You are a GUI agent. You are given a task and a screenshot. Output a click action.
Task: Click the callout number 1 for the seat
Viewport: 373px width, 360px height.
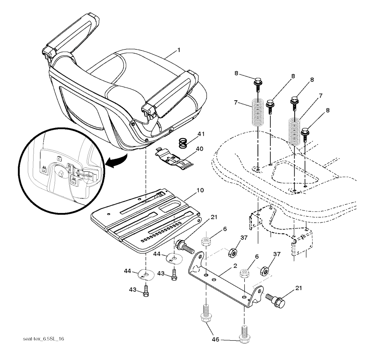click(178, 50)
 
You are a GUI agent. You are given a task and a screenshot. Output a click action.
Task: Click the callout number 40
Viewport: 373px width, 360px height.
click(199, 149)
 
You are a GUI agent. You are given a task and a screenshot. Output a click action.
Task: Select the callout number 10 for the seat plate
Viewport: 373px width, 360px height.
click(200, 191)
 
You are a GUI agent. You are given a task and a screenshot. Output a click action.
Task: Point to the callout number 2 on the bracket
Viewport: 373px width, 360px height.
click(235, 266)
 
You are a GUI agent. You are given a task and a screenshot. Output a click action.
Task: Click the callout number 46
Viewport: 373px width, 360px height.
click(216, 340)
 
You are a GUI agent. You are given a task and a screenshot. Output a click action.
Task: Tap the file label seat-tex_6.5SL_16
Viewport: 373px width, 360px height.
click(43, 339)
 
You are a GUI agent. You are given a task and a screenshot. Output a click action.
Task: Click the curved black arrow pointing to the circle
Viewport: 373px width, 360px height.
click(117, 161)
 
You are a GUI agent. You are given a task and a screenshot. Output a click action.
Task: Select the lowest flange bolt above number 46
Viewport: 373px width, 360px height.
click(243, 334)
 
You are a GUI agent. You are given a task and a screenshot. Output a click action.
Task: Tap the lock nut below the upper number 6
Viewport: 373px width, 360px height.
click(206, 241)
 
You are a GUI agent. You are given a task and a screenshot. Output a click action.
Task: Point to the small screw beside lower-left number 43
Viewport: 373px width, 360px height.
click(146, 291)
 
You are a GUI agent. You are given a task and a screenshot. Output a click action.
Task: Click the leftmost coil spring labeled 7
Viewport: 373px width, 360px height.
click(258, 112)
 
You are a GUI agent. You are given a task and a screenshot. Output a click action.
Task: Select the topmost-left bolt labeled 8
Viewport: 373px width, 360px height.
click(258, 84)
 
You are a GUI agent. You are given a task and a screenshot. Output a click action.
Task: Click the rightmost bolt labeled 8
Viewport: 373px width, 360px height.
click(305, 135)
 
